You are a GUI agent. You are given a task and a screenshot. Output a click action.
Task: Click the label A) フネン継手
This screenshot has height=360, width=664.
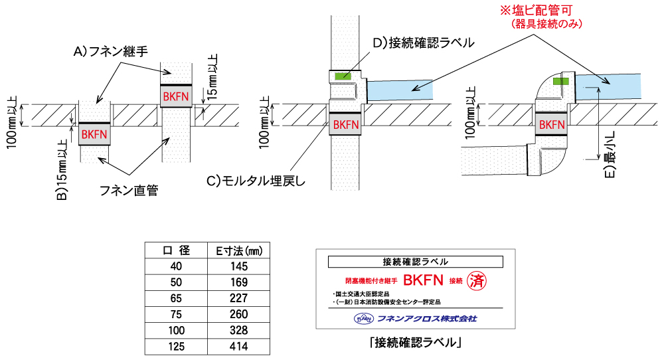tap(110, 51)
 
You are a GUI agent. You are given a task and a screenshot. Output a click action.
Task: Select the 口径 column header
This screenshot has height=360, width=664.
tap(177, 250)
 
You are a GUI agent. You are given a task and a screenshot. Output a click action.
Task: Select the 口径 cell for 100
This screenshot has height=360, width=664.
tap(177, 330)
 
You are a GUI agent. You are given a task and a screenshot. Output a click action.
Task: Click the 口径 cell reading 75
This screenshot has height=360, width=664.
tap(177, 314)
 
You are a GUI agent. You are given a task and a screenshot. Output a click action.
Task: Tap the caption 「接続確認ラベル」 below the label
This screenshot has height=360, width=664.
tap(416, 343)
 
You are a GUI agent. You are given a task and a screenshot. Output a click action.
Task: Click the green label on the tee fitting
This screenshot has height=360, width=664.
tap(343, 76)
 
